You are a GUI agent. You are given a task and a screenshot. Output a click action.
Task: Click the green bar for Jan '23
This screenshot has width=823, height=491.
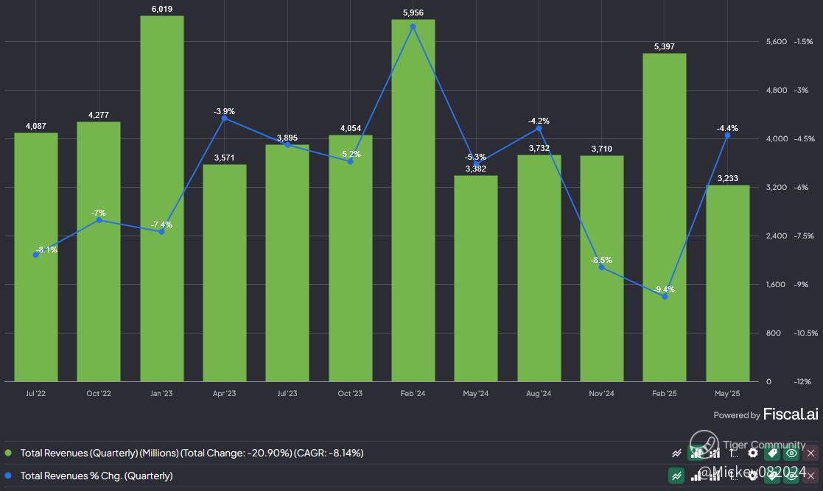161,199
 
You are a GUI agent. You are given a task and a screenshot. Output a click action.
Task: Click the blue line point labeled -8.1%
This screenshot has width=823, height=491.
36,255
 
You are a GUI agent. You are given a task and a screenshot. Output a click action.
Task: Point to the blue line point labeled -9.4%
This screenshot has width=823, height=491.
665,297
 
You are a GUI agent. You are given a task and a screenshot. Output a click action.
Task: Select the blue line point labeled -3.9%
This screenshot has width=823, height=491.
225,118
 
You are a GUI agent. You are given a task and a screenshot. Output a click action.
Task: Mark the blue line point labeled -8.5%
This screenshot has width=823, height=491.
602,267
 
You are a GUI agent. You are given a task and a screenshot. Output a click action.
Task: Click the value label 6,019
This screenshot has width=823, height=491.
161,8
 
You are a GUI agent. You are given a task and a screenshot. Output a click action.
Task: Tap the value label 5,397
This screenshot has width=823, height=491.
665,47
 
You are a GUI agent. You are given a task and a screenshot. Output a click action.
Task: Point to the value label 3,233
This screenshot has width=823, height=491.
727,178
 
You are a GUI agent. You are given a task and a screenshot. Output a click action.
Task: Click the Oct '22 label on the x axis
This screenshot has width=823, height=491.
99,394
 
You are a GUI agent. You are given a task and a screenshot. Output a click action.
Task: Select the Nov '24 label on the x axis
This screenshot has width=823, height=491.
601,394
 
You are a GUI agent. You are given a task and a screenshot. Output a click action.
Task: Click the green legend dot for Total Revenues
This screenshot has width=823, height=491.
9,453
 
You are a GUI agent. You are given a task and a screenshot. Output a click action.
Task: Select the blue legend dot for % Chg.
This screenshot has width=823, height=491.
9,476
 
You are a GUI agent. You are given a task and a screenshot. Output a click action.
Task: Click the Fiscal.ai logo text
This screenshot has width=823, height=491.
790,414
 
